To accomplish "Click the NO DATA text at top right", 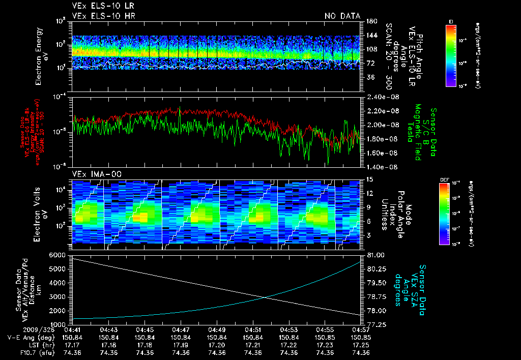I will click(x=342, y=16).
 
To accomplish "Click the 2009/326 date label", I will click(x=20, y=330).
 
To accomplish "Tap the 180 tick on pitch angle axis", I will click(x=370, y=21).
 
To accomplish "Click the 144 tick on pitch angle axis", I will click(x=370, y=36).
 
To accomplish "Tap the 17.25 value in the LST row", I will click(x=361, y=345).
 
